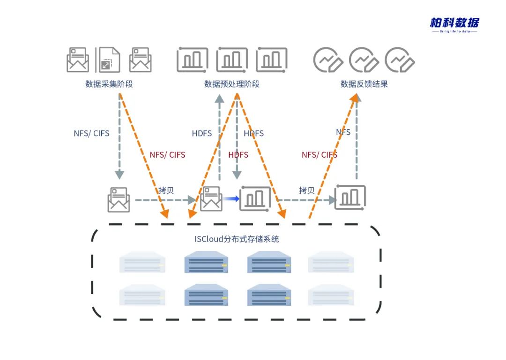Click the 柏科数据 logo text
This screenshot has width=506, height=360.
(454, 22)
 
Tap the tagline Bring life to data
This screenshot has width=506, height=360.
(454, 32)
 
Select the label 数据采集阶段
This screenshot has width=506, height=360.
(109, 84)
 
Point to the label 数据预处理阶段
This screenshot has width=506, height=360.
(232, 84)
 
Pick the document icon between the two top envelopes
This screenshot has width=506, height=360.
(108, 59)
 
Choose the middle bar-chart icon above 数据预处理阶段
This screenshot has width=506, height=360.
(232, 59)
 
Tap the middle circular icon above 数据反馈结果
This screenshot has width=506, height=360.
(364, 60)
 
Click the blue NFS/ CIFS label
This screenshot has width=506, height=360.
(91, 133)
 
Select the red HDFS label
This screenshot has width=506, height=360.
(238, 154)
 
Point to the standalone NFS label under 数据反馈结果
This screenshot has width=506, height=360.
(343, 132)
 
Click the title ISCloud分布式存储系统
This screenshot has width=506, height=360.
(237, 239)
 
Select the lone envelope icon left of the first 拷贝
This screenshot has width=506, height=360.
(119, 200)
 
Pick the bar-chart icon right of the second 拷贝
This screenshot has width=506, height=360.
(350, 197)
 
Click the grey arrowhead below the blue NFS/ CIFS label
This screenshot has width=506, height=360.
(119, 174)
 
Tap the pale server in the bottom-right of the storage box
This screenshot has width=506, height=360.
(331, 296)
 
